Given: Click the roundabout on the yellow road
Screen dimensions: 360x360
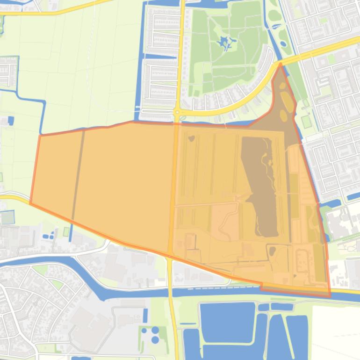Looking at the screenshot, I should pyautogui.click(x=178, y=112).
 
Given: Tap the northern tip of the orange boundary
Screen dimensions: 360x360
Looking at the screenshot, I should pyautogui.click(x=280, y=64).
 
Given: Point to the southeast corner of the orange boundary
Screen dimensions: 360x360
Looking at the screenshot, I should pyautogui.click(x=330, y=296).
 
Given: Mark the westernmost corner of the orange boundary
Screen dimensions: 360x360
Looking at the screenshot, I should pyautogui.click(x=30, y=203).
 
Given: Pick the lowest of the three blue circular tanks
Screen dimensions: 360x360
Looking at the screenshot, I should pyautogui.click(x=155, y=340).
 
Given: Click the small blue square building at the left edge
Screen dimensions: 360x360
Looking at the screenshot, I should pyautogui.click(x=11, y=121).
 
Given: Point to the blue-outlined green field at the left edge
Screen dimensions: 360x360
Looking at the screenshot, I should pyautogui.click(x=7, y=217).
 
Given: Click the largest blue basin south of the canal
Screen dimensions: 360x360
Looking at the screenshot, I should pyautogui.click(x=228, y=323).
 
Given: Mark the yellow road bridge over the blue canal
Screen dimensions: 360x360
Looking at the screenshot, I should pyautogui.click(x=172, y=292).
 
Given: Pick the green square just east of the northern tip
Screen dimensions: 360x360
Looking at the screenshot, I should pyautogui.click(x=306, y=122).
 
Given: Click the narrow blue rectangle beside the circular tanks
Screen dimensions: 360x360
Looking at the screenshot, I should pyautogui.click(x=145, y=316).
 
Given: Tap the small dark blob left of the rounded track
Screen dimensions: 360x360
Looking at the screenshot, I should pyautogui.click(x=272, y=252).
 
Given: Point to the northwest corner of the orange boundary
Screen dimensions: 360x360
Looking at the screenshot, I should pyautogui.click(x=40, y=136).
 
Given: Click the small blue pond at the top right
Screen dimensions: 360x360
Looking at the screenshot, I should pyautogui.click(x=283, y=44).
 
